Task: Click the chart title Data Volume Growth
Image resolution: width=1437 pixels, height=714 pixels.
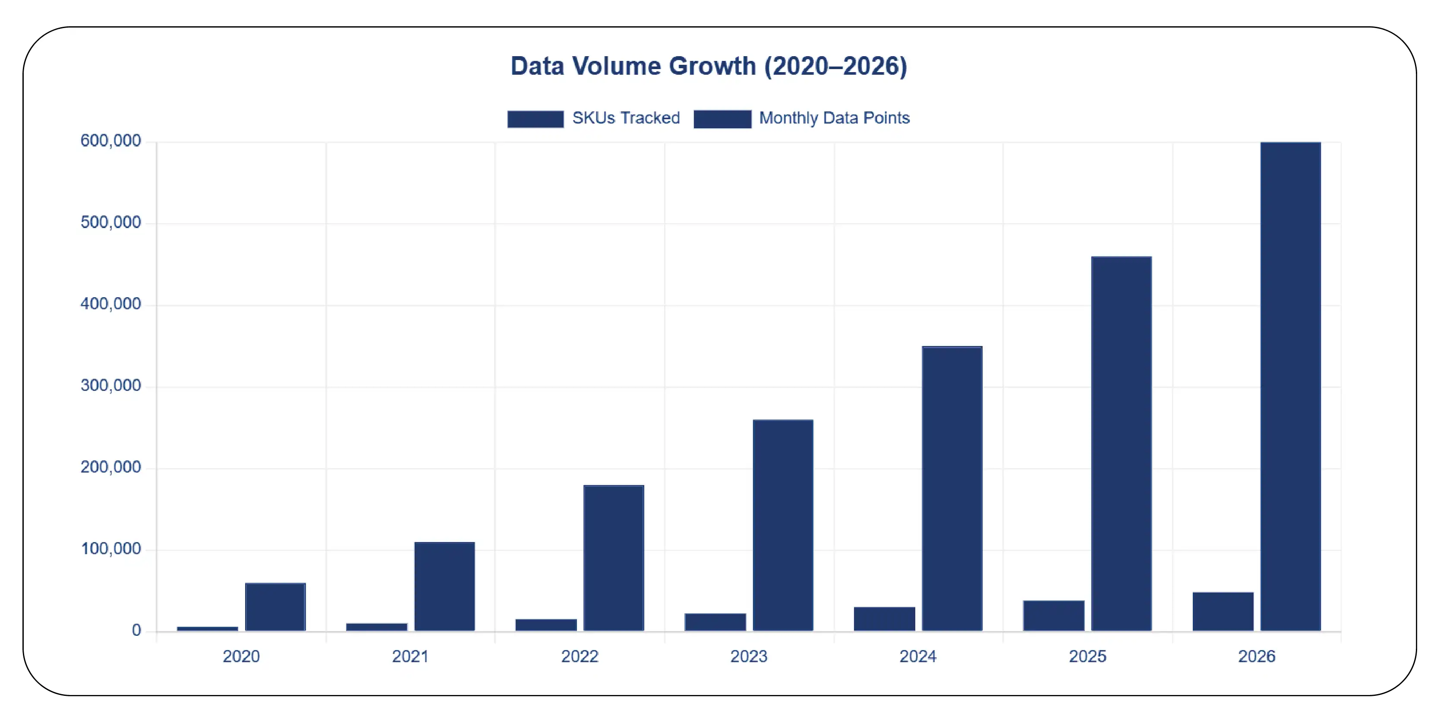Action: (x=709, y=66)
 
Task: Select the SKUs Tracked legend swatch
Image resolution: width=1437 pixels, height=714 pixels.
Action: (x=535, y=119)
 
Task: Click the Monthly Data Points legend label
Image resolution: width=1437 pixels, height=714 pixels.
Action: (x=834, y=118)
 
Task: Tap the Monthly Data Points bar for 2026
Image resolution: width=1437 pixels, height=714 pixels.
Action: (x=1290, y=386)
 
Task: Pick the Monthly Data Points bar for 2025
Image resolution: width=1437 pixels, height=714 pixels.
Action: (x=1121, y=444)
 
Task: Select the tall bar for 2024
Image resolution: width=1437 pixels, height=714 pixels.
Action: (x=952, y=489)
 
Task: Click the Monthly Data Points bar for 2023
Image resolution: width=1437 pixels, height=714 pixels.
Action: (x=783, y=525)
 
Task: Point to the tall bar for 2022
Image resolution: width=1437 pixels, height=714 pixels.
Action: (x=614, y=558)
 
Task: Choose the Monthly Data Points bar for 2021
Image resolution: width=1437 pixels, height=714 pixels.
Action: (x=444, y=586)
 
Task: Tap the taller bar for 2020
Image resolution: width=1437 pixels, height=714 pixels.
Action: (x=275, y=607)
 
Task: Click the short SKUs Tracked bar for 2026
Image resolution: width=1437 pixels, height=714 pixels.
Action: (x=1223, y=611)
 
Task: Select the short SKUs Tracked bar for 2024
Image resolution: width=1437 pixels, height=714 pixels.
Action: (x=884, y=619)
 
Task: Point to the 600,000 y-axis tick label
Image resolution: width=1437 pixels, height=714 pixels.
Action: (x=110, y=141)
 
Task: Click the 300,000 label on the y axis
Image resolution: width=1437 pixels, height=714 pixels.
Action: (x=110, y=386)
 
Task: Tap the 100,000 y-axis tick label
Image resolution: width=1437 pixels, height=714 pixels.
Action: (x=110, y=549)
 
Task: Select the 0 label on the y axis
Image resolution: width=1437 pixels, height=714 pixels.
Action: (x=136, y=630)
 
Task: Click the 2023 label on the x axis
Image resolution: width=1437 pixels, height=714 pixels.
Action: (x=749, y=656)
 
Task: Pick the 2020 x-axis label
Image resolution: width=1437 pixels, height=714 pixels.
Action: (x=241, y=656)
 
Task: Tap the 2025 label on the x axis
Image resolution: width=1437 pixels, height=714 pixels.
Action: (x=1087, y=656)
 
